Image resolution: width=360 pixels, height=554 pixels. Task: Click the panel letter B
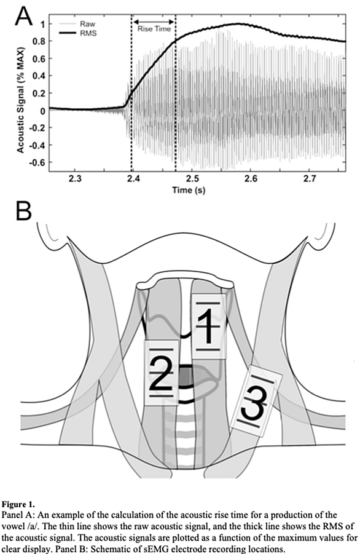click(x=23, y=212)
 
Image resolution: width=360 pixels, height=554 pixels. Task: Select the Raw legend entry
click(x=87, y=24)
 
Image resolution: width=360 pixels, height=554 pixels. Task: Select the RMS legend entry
click(x=88, y=33)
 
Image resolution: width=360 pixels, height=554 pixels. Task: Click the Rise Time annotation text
click(x=154, y=29)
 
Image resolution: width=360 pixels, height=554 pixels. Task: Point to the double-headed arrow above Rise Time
click(x=154, y=22)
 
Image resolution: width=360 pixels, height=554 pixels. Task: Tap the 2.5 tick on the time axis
click(x=192, y=179)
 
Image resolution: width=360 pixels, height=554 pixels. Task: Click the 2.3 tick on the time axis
click(x=74, y=179)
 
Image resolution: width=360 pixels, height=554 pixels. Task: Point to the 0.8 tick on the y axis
click(x=39, y=41)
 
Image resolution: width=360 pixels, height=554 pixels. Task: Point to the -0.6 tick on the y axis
click(x=37, y=162)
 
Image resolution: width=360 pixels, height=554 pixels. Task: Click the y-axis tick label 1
click(x=43, y=24)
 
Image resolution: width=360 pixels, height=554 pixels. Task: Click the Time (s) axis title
click(x=189, y=190)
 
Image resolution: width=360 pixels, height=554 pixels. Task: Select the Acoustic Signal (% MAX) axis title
click(x=21, y=100)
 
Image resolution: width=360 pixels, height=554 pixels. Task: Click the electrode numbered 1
click(x=208, y=326)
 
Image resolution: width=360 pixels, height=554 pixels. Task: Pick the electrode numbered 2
click(x=162, y=373)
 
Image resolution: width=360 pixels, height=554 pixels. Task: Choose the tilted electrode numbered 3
click(x=256, y=401)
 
